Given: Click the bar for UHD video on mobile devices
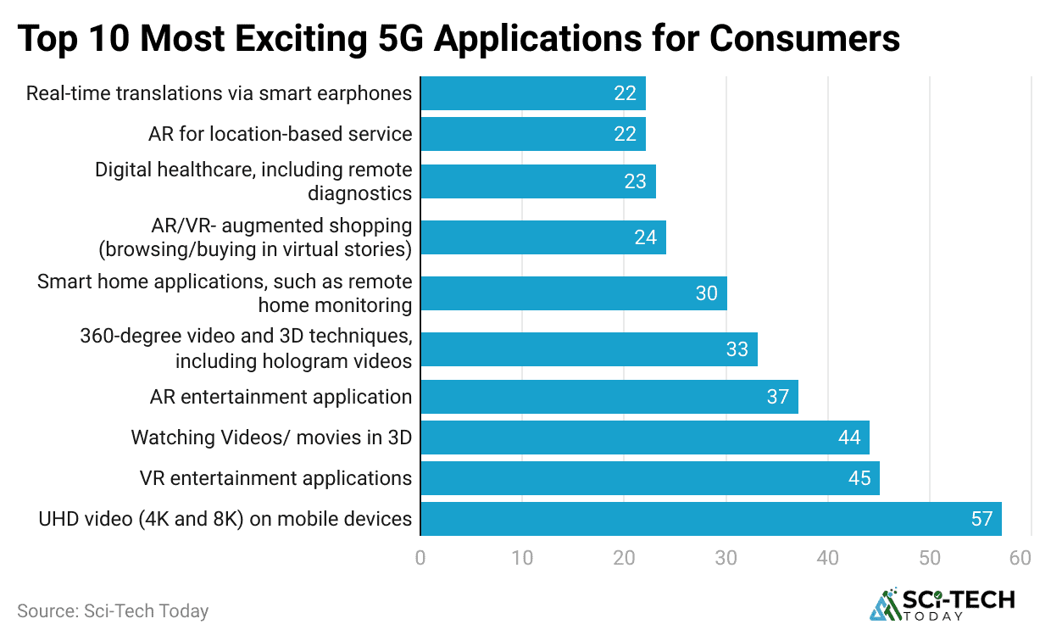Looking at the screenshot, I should (710, 519).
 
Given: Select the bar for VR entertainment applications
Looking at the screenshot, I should (649, 478).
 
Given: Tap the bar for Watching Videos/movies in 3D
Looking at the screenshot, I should (644, 438).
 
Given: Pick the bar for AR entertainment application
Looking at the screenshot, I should (609, 397).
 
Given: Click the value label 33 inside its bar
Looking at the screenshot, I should (737, 349).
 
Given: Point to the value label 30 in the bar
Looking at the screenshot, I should (706, 293).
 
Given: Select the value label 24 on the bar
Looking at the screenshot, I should (645, 237).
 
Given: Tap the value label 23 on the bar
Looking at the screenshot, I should (635, 181).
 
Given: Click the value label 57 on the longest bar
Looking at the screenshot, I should (981, 519).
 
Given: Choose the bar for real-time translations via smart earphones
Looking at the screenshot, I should (532, 93).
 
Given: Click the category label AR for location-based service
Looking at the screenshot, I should (280, 134).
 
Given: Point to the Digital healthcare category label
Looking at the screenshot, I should (253, 181).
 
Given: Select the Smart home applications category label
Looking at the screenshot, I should (225, 293).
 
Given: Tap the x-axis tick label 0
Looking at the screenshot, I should (420, 558).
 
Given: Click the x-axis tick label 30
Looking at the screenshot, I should (726, 558).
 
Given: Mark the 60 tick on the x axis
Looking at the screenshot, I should (1020, 558).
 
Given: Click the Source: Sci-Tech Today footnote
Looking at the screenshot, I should (113, 610).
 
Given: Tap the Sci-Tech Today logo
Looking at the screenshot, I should (942, 604).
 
